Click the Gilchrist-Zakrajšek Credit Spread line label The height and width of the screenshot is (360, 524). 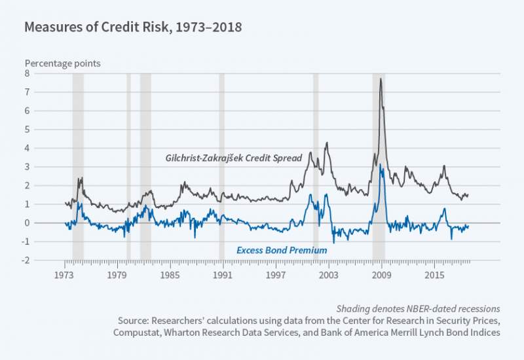click(233, 158)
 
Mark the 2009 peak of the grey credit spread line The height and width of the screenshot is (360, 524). click(381, 79)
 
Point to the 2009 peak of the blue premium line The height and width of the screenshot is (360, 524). click(381, 165)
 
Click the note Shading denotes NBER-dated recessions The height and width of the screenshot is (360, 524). click(419, 308)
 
